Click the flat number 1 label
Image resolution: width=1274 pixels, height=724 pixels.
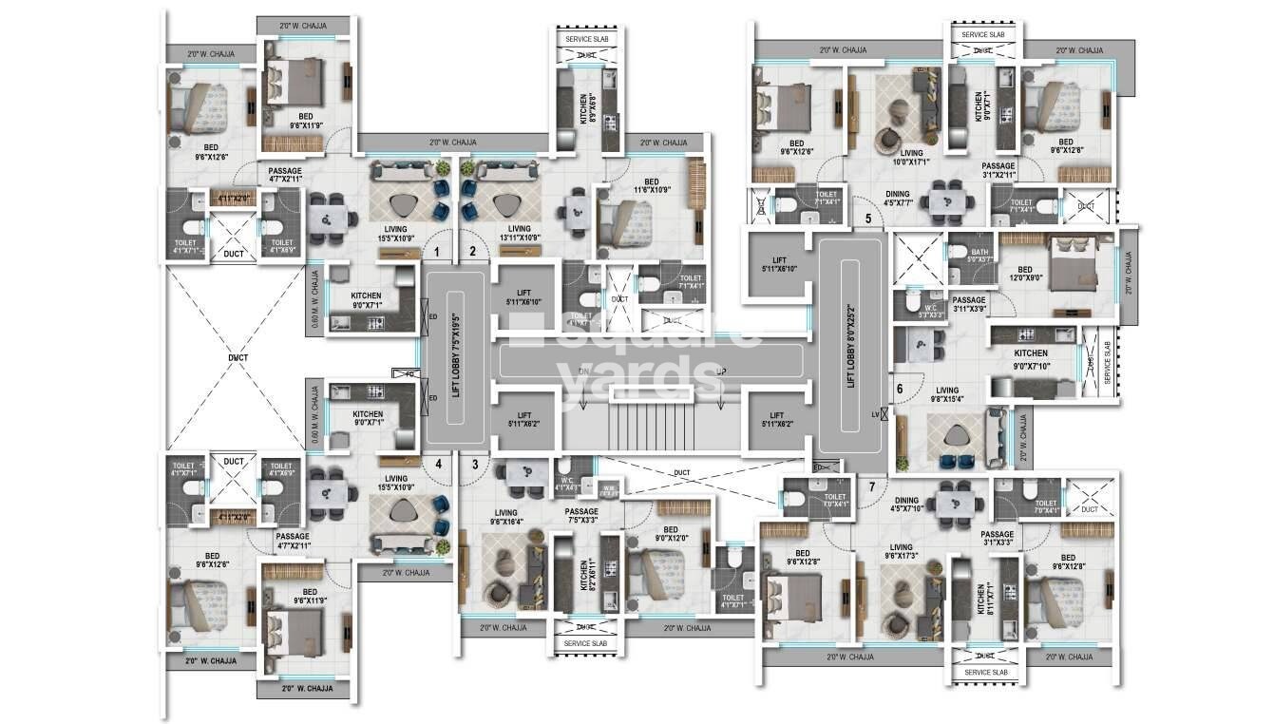click(x=436, y=253)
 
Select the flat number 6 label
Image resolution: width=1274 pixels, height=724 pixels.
click(x=899, y=388)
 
